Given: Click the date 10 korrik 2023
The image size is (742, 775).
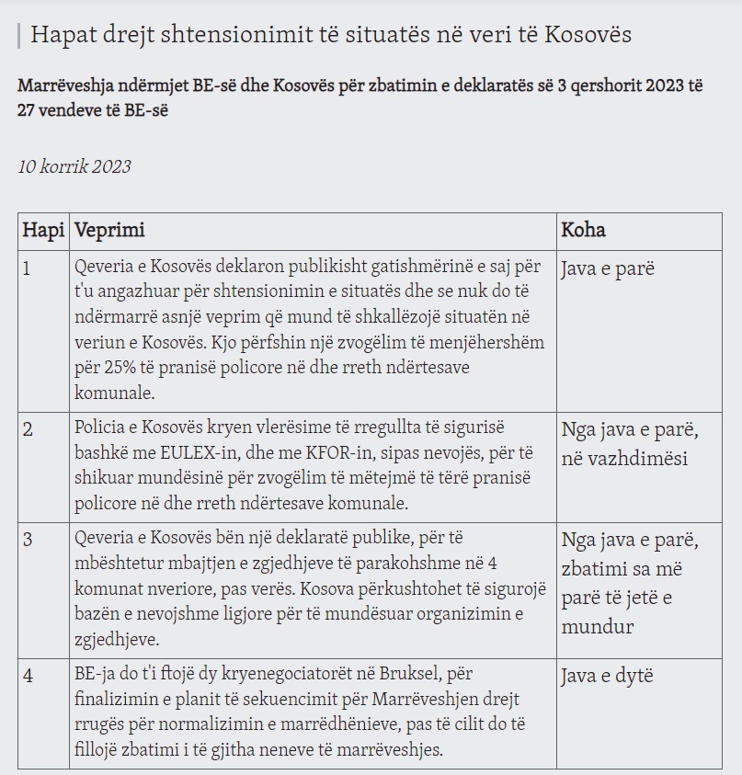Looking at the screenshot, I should (x=74, y=166).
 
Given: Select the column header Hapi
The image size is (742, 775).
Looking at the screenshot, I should (x=42, y=229).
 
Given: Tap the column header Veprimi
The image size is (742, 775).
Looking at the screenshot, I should (x=109, y=229).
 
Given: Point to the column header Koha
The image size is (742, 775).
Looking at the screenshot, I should (x=583, y=229).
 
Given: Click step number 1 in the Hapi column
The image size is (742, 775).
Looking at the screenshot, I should (x=27, y=269).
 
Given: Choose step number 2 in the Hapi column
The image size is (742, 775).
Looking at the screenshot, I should (x=28, y=429).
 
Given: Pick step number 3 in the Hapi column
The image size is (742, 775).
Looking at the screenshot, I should (x=28, y=539).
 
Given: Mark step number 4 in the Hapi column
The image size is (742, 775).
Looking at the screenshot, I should (x=29, y=676).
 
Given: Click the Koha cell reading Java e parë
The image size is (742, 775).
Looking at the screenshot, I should (x=606, y=270).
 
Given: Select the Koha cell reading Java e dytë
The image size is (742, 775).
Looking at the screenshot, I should (x=607, y=677).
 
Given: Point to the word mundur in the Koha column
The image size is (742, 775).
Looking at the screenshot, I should (x=597, y=627).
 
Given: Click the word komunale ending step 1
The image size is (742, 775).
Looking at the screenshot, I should (x=114, y=392).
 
